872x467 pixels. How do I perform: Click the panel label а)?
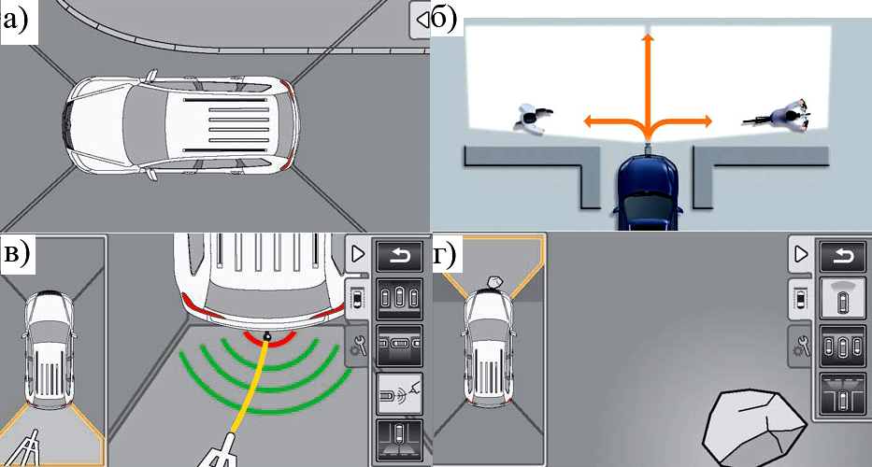pyautogui.click(x=19, y=21)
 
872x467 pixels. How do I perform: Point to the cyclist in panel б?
pyautogui.click(x=779, y=116)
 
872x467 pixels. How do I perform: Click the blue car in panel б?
pyautogui.click(x=648, y=191)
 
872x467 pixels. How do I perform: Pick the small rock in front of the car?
pyautogui.click(x=494, y=283)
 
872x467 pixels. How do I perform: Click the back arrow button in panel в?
pyautogui.click(x=399, y=256)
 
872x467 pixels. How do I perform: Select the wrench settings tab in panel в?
pyautogui.click(x=357, y=347)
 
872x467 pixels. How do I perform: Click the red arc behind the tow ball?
pyautogui.click(x=269, y=337)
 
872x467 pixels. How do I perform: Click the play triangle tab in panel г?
pyautogui.click(x=801, y=255)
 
